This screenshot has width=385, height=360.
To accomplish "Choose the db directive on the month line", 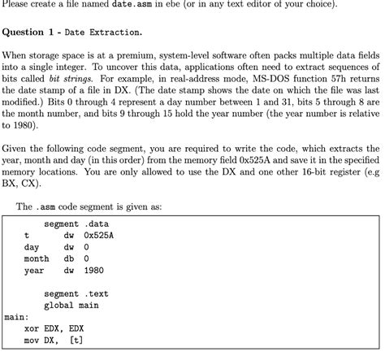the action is pos(69,258).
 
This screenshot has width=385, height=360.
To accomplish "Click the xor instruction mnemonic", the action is pos(32,329).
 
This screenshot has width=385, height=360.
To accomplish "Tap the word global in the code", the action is pos(61,306).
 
